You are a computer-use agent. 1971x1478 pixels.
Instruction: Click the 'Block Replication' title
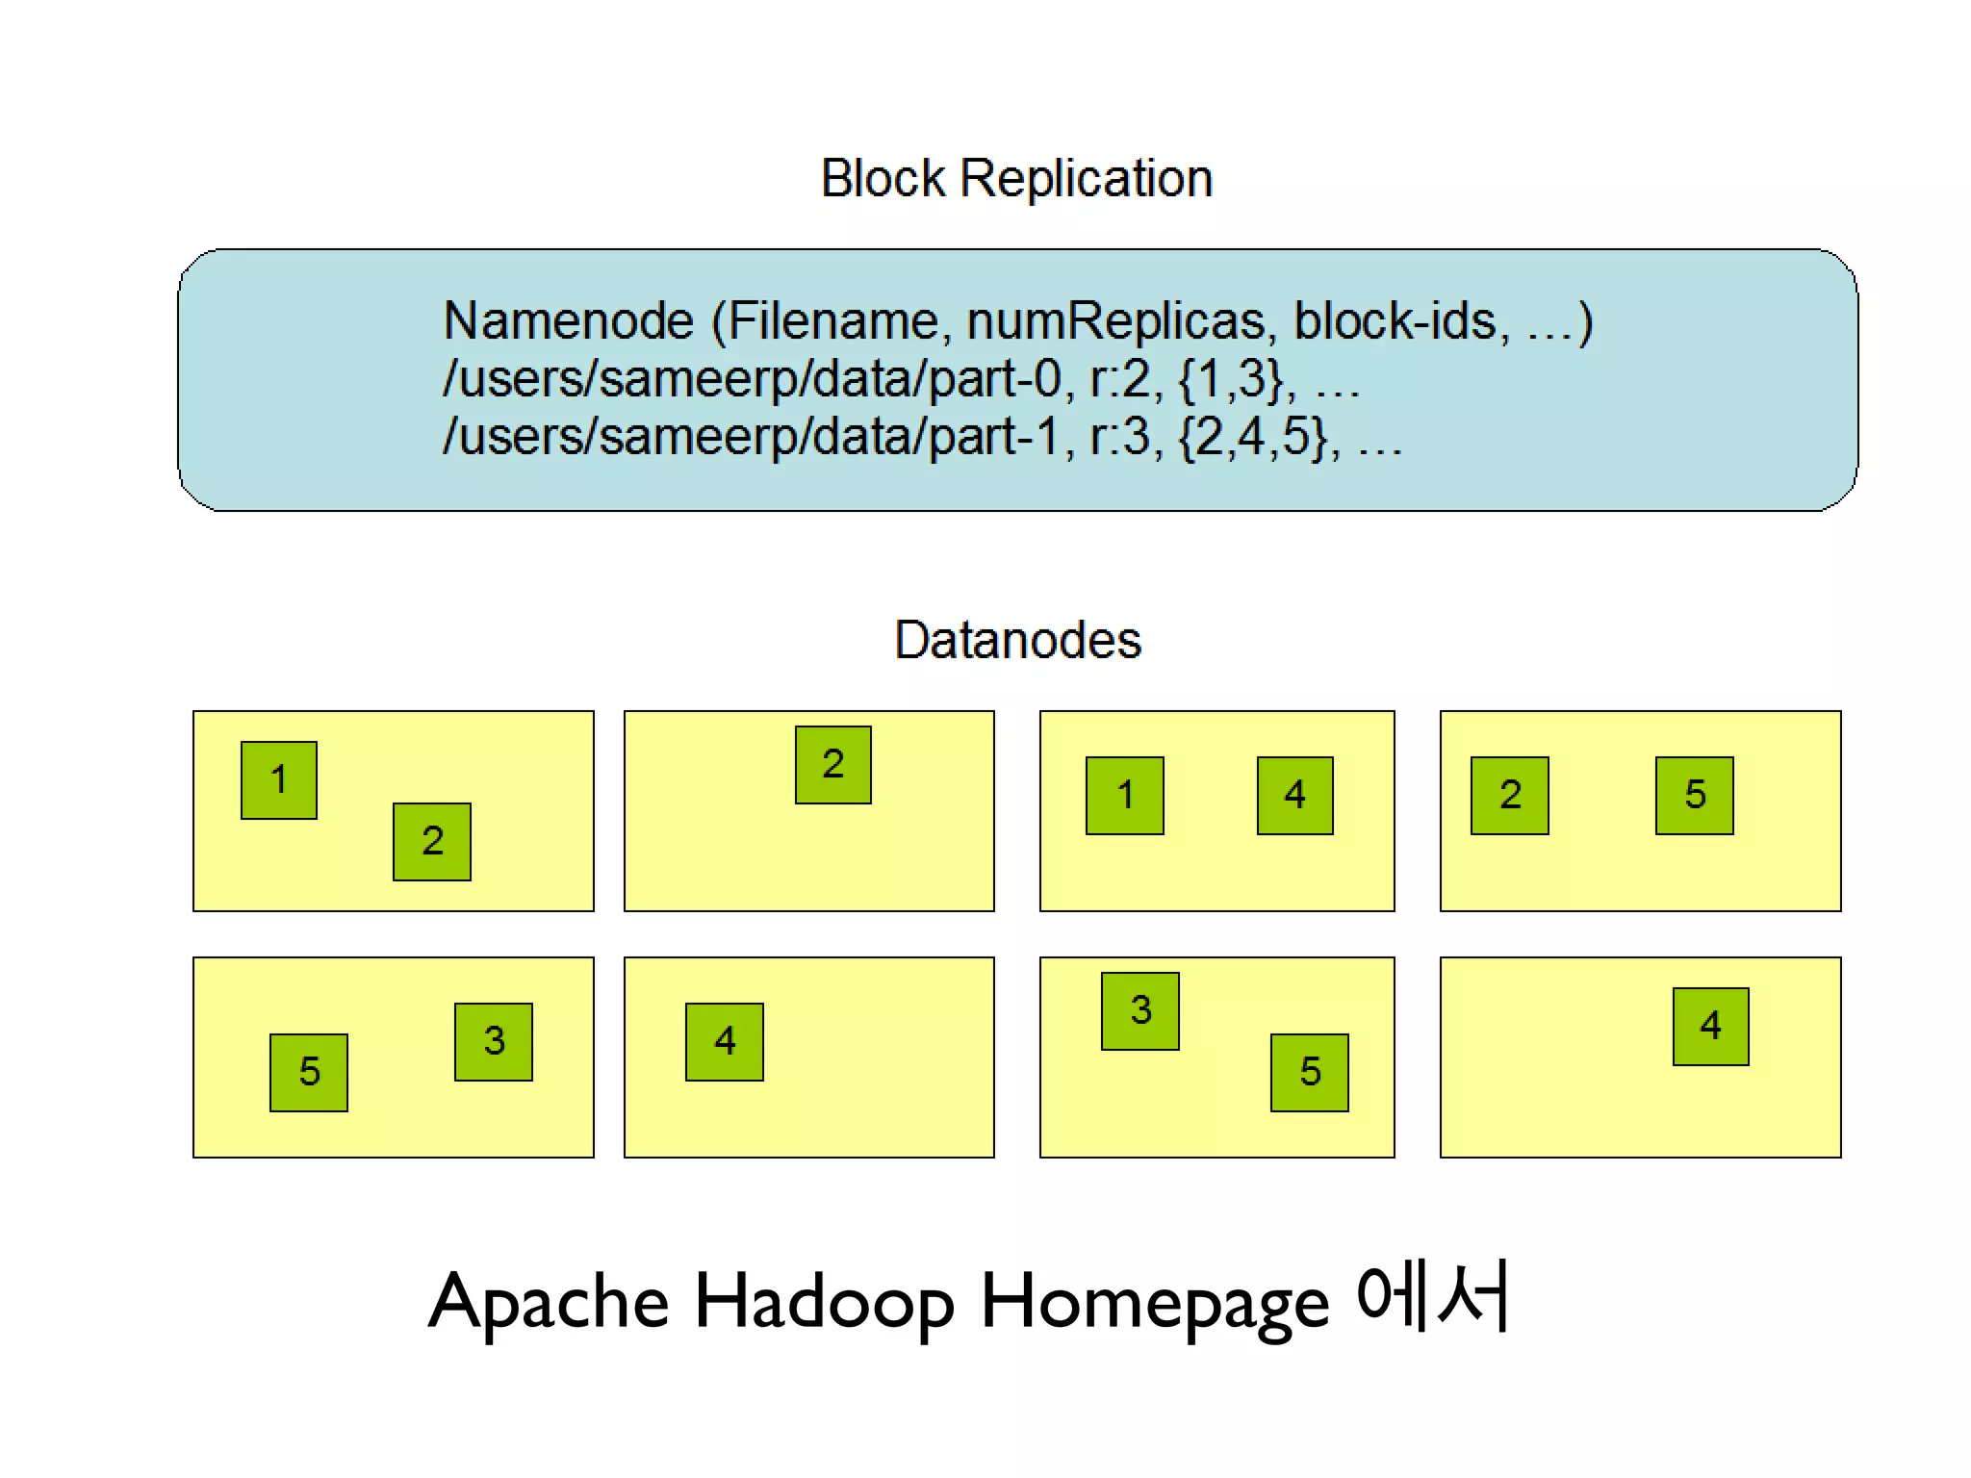tap(1016, 179)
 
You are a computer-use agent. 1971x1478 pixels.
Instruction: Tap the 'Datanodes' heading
tap(1017, 640)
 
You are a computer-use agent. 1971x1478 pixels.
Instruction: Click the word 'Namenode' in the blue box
tap(568, 320)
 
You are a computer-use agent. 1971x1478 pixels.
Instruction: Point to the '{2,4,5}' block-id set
tap(1254, 436)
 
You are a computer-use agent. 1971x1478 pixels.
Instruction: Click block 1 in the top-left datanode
tap(279, 779)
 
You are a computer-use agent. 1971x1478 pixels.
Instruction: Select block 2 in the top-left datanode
tap(432, 841)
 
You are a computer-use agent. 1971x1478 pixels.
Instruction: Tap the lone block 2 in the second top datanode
tap(833, 764)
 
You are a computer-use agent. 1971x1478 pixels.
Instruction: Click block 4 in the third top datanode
tap(1295, 795)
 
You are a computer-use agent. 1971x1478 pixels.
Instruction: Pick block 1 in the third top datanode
tap(1125, 795)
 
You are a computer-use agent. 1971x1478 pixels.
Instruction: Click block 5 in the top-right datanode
tap(1695, 795)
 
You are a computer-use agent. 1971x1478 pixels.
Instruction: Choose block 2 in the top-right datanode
tap(1510, 795)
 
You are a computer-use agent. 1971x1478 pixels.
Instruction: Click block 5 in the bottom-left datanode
tap(309, 1072)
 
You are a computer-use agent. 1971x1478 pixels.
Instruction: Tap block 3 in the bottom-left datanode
tap(494, 1041)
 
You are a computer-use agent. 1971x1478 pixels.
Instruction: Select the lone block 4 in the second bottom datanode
tap(725, 1041)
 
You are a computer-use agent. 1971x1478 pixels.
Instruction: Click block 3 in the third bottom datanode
tap(1140, 1010)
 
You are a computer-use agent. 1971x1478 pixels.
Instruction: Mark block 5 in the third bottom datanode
tap(1310, 1072)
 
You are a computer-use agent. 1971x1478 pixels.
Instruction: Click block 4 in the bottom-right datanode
tap(1710, 1026)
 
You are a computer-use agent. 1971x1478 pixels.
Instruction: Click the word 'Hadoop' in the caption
tap(824, 1302)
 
